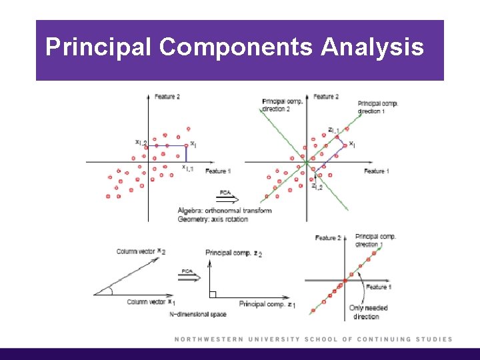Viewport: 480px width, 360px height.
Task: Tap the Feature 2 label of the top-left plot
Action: [167, 97]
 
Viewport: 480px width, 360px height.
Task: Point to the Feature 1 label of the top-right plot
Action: [377, 172]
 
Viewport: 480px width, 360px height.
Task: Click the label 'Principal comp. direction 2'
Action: [284, 105]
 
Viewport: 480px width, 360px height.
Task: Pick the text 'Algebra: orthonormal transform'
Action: [225, 211]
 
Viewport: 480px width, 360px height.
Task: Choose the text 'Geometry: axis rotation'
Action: [213, 219]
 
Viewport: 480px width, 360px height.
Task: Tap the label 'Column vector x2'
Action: [141, 251]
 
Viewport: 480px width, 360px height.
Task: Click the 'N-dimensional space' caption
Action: [198, 314]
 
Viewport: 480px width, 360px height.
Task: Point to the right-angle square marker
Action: [211, 294]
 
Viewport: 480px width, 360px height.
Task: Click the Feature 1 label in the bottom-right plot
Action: [377, 287]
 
